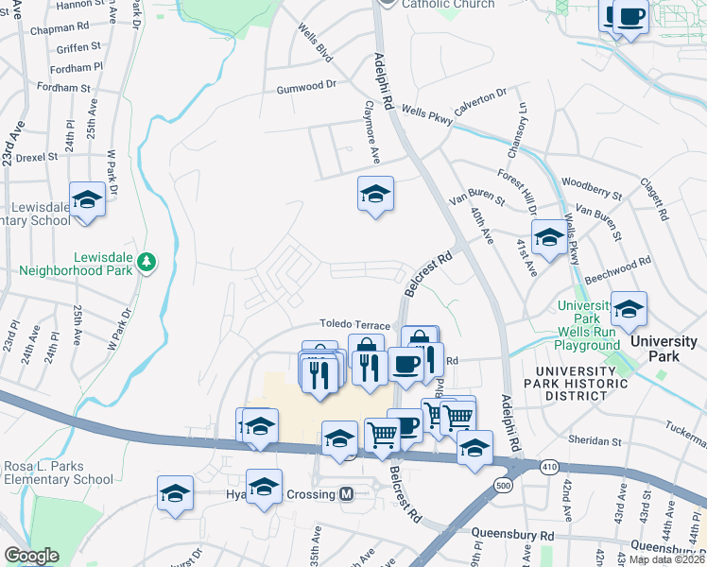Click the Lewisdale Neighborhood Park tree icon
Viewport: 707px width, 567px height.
[146, 260]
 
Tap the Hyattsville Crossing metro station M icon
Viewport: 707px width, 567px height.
[347, 494]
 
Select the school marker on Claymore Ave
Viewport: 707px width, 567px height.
[375, 195]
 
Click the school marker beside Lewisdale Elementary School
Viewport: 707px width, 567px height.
[87, 200]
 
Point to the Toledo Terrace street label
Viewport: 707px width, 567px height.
[354, 324]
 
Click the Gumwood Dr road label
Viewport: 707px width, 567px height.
[306, 85]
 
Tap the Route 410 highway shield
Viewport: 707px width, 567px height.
[548, 467]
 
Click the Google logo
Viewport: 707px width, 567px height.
[31, 556]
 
